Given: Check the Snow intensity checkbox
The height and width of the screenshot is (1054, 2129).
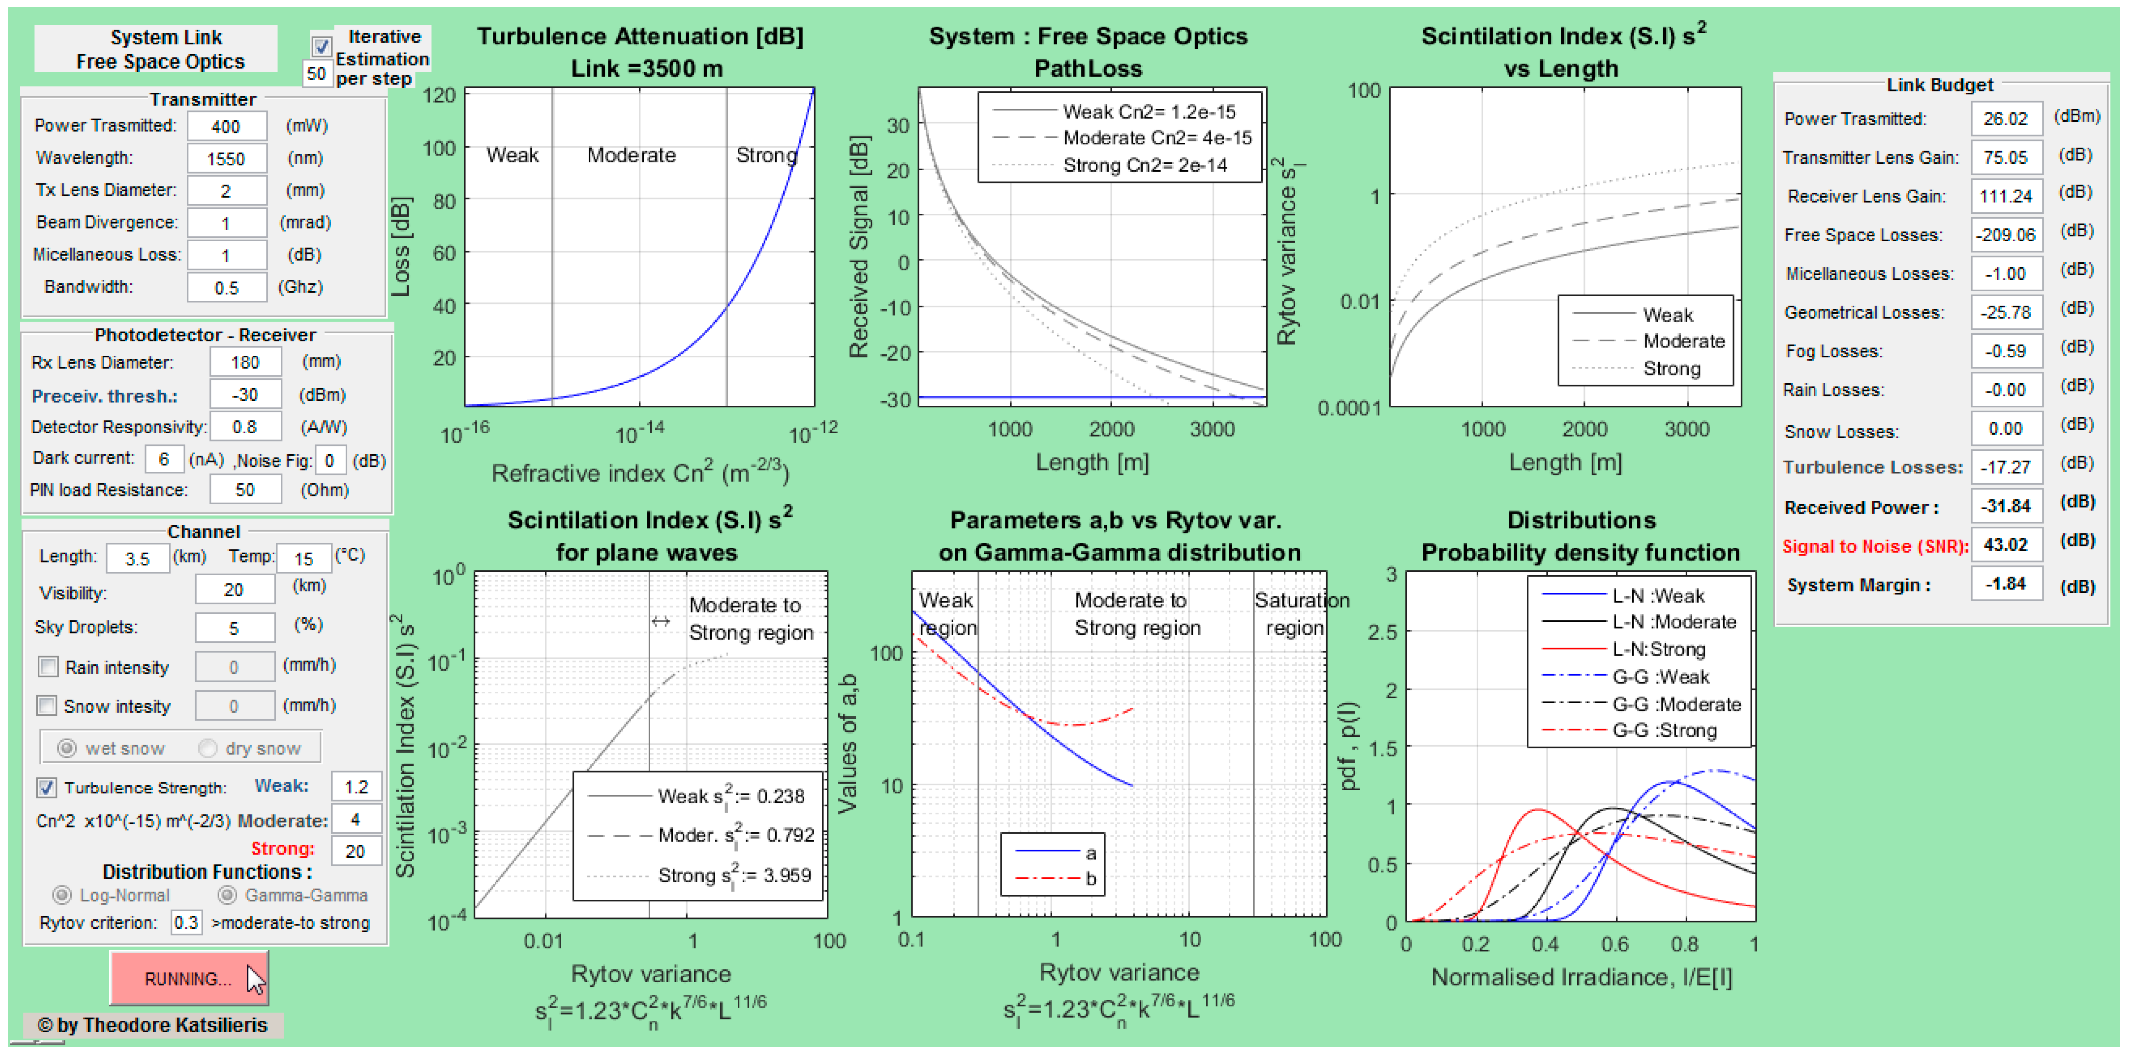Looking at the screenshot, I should pyautogui.click(x=47, y=705).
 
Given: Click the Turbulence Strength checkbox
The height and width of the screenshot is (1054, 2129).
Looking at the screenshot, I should pyautogui.click(x=47, y=787).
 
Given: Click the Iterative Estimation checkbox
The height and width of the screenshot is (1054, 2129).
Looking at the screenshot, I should pyautogui.click(x=321, y=46).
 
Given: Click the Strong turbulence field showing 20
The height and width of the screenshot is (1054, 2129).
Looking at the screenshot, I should pyautogui.click(x=356, y=851).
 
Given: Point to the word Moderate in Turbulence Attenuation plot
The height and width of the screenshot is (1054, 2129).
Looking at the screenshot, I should pyautogui.click(x=631, y=155).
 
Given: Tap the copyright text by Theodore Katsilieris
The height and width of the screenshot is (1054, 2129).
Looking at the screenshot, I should pyautogui.click(x=153, y=1025).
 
